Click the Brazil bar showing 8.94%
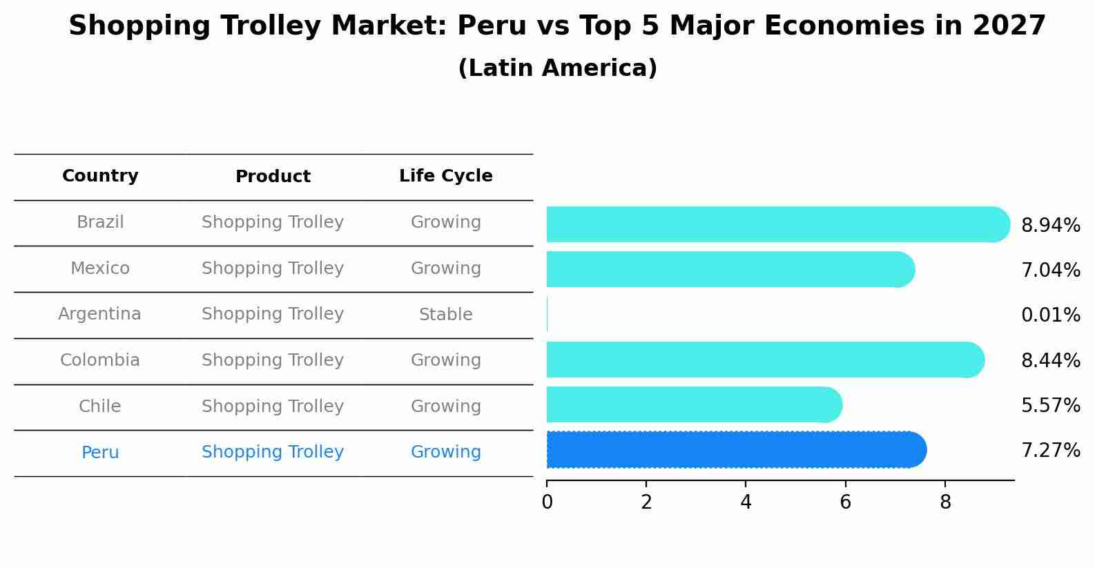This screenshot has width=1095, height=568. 773,224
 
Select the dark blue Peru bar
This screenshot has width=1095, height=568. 732,450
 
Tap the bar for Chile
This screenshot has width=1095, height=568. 690,404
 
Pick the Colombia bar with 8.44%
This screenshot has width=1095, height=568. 759,360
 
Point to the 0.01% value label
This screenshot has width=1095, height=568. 1050,315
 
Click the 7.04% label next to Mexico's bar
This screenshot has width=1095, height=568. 1050,270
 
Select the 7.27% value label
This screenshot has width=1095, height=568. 1050,451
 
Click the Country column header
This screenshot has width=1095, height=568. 100,176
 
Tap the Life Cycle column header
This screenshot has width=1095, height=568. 445,176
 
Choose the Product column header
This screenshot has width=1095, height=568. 273,177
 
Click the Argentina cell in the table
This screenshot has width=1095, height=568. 99,314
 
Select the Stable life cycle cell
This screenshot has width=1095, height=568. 445,315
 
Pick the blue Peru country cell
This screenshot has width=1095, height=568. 100,453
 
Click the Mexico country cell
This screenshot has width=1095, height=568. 100,268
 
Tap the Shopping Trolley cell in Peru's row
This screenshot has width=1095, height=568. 273,452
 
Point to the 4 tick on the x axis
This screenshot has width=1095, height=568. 746,502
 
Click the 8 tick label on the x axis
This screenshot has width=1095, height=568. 945,502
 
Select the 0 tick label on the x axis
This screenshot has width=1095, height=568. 547,502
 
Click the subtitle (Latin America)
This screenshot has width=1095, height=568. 557,68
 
